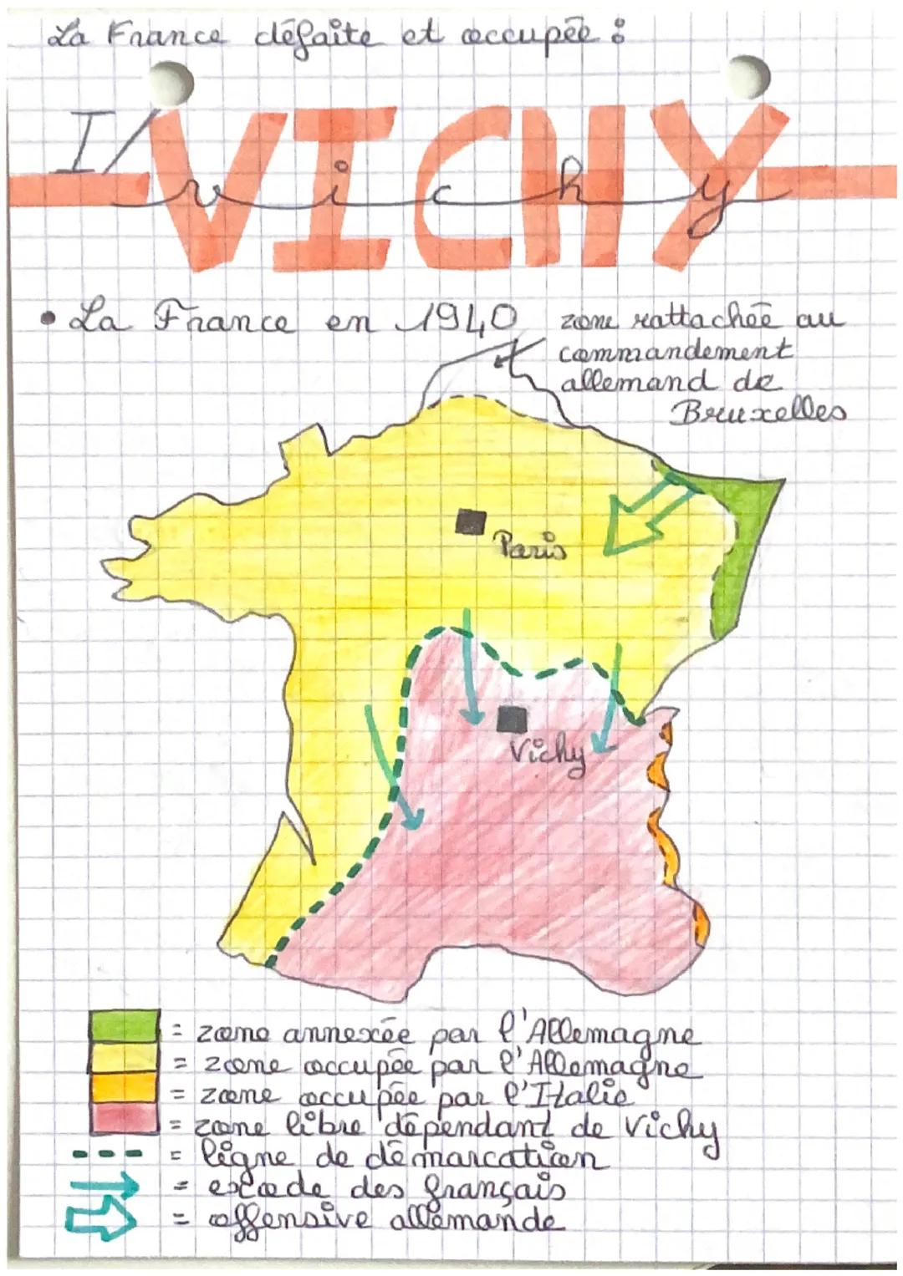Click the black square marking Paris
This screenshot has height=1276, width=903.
(470, 522)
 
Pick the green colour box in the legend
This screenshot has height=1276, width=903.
(124, 1025)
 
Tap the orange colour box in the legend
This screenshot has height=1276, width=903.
(124, 1087)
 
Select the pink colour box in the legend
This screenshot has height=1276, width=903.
(124, 1118)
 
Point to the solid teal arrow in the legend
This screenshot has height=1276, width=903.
(104, 1186)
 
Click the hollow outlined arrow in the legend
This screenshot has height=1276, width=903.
(102, 1221)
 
